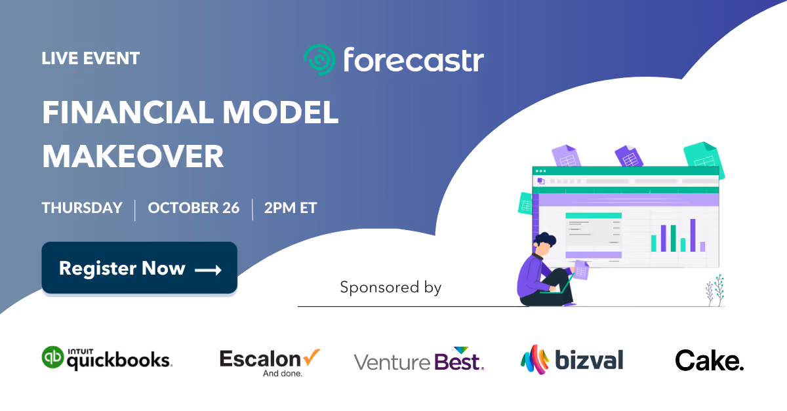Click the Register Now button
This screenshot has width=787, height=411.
point(140,267)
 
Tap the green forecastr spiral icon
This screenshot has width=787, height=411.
point(319,60)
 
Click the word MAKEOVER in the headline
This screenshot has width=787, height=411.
point(132,156)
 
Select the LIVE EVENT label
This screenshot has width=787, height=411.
point(91,58)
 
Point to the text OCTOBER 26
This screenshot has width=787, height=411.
point(193,208)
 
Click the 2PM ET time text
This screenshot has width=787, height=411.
point(291,208)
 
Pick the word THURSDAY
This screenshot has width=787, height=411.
point(82,208)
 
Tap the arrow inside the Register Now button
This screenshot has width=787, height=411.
point(208,270)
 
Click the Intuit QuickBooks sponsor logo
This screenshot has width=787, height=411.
point(107,359)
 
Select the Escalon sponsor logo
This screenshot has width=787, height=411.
point(270,362)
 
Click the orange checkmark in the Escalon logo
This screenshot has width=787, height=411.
point(312,357)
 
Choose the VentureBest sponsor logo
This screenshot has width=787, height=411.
point(419,359)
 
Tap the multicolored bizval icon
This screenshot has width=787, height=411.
point(535,359)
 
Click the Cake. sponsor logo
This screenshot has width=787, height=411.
point(710,361)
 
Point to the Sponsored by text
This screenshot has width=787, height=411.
point(390,287)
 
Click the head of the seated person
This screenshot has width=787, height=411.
point(544,244)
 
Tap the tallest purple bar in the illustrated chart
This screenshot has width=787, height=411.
point(693,235)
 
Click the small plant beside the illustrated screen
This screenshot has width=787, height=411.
point(716,290)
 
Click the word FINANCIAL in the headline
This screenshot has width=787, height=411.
point(127,112)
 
